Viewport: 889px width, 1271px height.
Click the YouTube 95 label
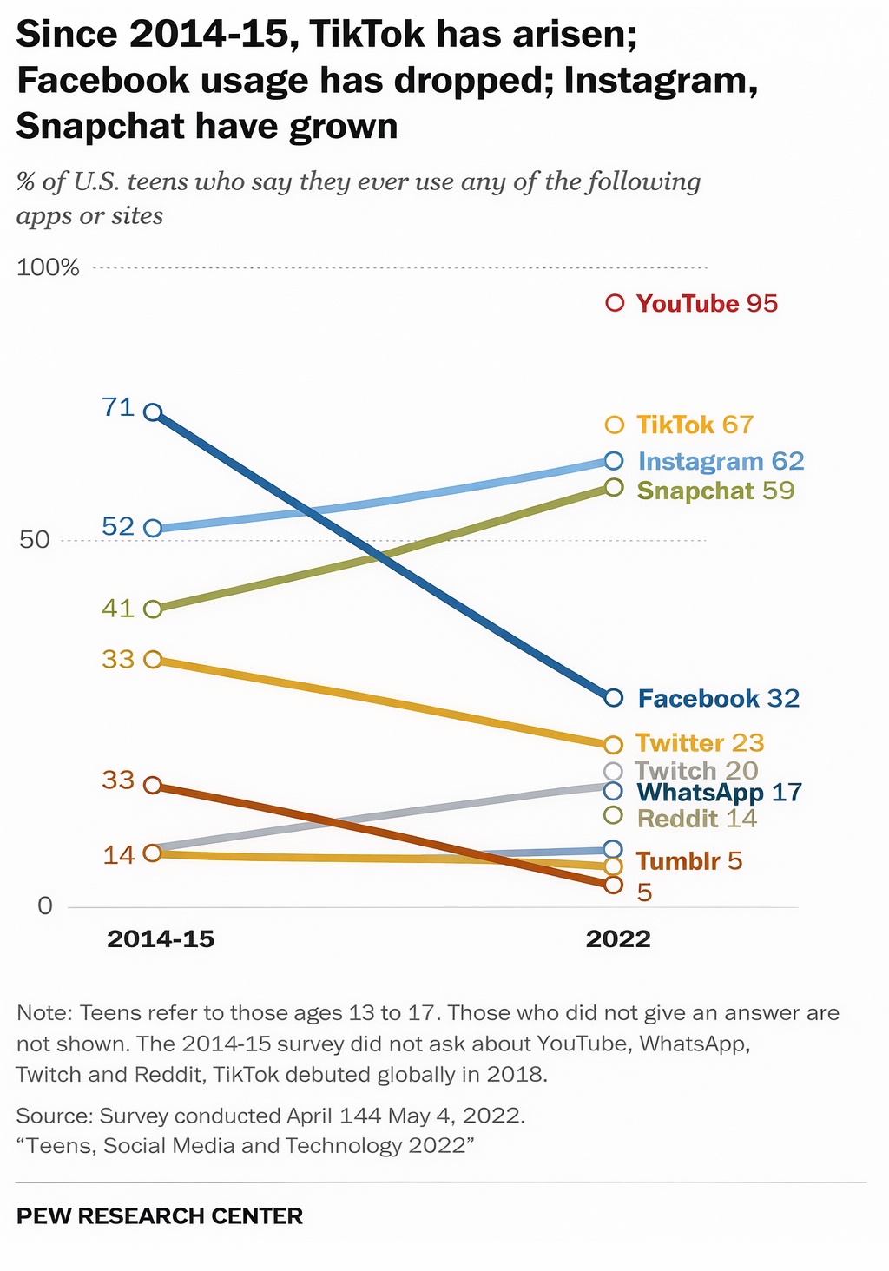(x=707, y=304)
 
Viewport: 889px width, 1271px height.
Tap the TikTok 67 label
(x=695, y=425)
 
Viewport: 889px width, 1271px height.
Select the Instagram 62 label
(x=721, y=461)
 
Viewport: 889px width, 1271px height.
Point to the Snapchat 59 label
(x=715, y=491)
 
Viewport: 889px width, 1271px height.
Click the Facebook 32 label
(x=718, y=698)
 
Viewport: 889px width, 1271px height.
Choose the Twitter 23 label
(x=700, y=743)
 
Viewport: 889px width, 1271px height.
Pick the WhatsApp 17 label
(x=718, y=792)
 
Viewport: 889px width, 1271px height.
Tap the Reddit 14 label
(x=697, y=818)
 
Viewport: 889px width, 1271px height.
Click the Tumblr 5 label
(x=688, y=861)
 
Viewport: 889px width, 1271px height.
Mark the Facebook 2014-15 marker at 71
(x=153, y=412)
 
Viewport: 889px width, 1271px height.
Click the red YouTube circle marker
(x=616, y=303)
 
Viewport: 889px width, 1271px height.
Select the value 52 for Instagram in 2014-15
(x=118, y=526)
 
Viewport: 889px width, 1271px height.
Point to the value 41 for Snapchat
(x=118, y=608)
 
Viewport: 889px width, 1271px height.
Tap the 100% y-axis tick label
(x=49, y=267)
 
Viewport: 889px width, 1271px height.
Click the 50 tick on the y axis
(x=35, y=539)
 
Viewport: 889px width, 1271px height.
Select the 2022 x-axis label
(x=617, y=939)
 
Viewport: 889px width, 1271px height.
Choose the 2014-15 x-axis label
(x=161, y=939)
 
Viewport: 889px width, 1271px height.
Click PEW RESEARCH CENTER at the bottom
(x=160, y=1215)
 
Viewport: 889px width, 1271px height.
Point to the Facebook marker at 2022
(x=614, y=697)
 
